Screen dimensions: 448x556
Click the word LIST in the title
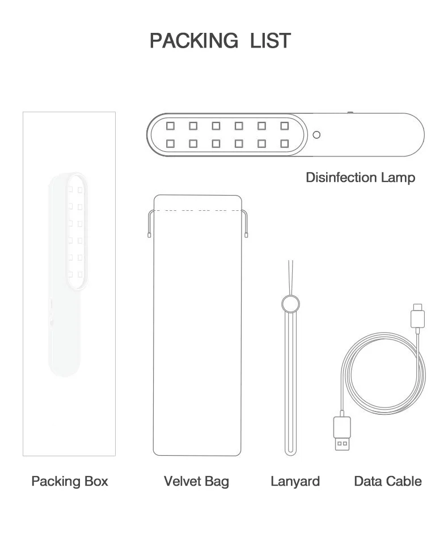point(271,41)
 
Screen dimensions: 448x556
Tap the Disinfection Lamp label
point(360,177)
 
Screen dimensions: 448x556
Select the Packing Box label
point(69,481)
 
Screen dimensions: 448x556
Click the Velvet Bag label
point(196,481)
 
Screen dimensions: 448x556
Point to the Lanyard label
point(295,481)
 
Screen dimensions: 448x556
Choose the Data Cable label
point(388,481)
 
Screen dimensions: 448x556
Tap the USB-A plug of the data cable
point(341,434)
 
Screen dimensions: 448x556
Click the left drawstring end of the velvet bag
point(149,234)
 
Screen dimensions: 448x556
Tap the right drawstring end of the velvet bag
point(247,234)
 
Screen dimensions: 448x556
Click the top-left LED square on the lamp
point(170,126)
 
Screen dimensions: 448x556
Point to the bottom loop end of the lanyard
point(290,451)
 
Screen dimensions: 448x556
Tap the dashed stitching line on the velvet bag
point(197,210)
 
